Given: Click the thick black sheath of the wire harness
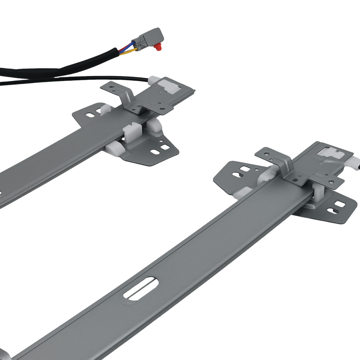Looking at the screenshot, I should coord(54,71).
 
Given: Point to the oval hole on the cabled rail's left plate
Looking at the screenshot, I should coord(89,115).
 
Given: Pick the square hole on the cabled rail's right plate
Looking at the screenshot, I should coord(165,147).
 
